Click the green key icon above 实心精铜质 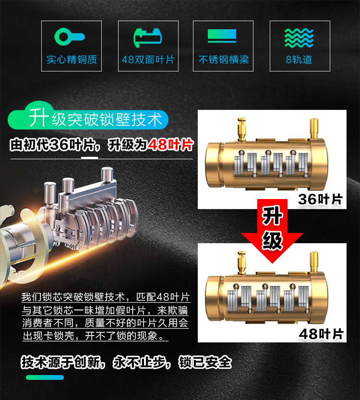70,37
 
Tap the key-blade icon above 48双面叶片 148,38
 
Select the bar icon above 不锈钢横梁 222,35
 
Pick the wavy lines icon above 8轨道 299,38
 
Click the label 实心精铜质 72,59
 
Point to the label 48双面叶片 148,59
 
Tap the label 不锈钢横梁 223,59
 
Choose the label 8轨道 299,59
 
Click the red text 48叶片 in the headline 170,145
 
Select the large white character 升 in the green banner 38,118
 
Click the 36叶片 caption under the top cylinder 320,199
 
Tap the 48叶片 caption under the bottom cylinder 321,334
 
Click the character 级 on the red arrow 272,240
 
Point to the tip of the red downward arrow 273,263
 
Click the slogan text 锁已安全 205,362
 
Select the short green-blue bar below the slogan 45,377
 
